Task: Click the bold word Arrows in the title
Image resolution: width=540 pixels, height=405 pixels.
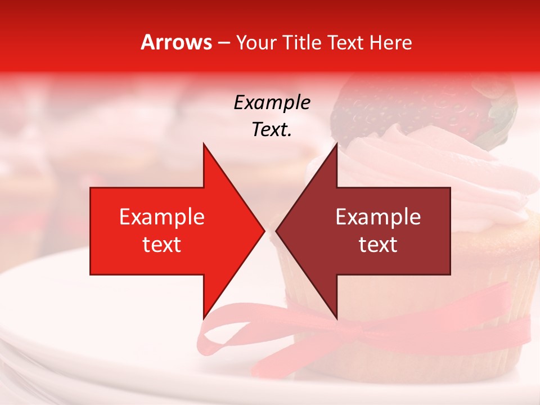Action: click(x=177, y=42)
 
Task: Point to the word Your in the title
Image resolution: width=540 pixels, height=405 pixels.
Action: click(x=256, y=43)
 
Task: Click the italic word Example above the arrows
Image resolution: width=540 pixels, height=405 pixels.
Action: click(x=272, y=102)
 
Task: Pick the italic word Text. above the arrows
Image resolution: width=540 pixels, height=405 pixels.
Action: click(x=272, y=129)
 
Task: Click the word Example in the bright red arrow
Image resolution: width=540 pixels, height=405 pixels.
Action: click(x=162, y=217)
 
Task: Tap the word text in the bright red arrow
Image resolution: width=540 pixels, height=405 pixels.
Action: click(x=162, y=245)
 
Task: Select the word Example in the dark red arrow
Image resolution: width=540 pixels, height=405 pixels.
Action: click(x=378, y=217)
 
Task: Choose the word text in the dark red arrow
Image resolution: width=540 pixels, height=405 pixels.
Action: click(x=378, y=245)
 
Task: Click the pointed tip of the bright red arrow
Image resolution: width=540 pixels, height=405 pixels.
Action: click(x=264, y=231)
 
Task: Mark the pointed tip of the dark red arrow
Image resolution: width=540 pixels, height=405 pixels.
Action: click(x=276, y=231)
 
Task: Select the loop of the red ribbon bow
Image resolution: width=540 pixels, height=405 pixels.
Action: click(x=225, y=332)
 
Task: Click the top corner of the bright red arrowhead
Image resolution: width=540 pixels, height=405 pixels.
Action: click(x=203, y=143)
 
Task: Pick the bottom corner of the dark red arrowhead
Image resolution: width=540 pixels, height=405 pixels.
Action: click(x=336, y=318)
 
